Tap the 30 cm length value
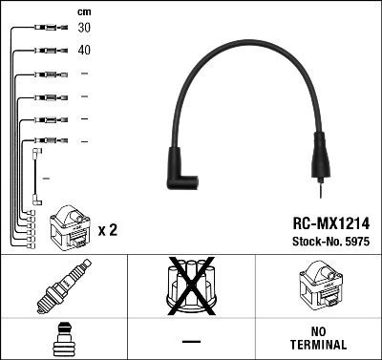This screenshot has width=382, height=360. (84, 29)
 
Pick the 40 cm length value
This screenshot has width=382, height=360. (84, 51)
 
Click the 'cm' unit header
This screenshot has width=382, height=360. (83, 11)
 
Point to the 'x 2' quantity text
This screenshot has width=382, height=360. (107, 230)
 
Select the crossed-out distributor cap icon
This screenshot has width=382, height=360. (191, 289)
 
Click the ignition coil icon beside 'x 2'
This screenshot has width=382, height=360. (70, 225)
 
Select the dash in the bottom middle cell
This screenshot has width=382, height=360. (191, 341)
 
